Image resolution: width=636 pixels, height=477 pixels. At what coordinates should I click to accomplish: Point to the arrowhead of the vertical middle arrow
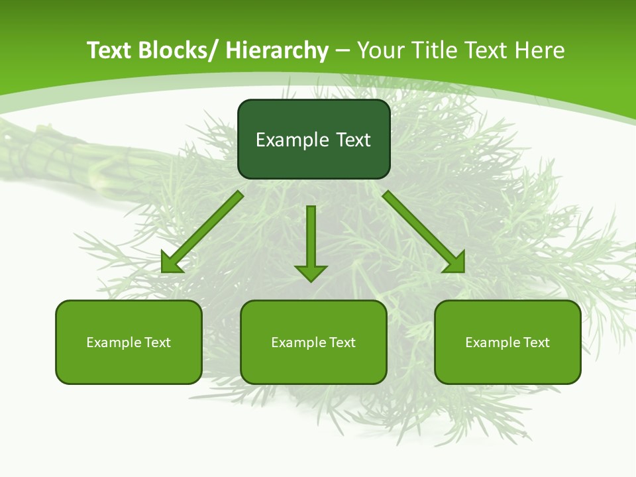click(311, 272)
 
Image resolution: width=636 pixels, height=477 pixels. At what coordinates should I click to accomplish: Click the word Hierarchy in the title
click(277, 50)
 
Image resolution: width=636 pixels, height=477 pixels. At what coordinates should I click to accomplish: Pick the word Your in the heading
click(380, 50)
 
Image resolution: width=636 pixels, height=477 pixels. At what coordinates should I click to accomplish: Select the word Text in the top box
click(353, 140)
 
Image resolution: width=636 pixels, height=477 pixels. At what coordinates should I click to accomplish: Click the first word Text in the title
click(109, 50)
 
